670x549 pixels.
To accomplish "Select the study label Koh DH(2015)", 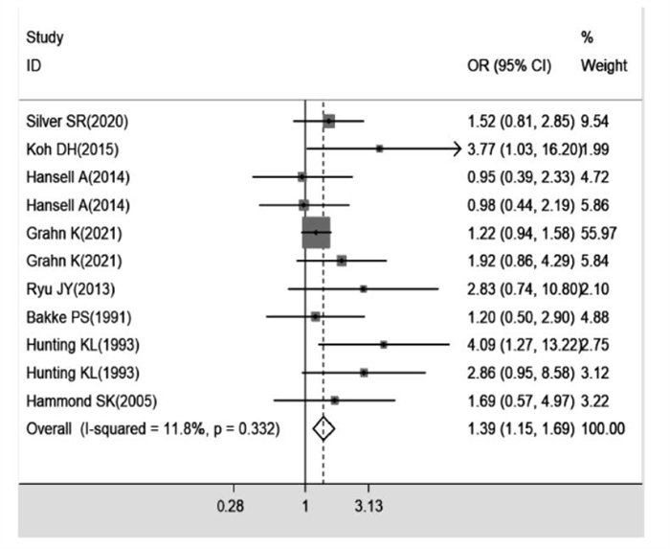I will coord(72,149).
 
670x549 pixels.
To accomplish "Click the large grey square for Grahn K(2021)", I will coord(316,232).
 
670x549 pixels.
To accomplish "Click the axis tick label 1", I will coord(304,505).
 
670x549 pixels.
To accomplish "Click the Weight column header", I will coord(603,66).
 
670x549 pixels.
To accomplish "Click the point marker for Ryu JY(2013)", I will coord(363,287).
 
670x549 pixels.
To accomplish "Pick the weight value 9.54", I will coord(598,122).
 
